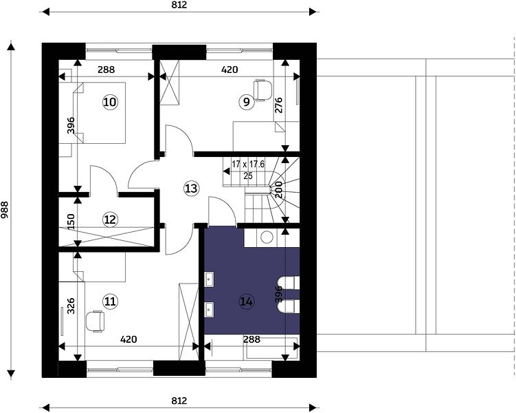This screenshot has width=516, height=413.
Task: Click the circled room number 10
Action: coord(110,102)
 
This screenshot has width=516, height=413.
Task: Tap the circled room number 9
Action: coord(247,102)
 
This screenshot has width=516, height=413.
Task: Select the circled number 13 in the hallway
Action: coord(191,188)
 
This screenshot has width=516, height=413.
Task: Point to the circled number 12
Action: coord(110,219)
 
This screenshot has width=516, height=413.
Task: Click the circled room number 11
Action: coord(110,301)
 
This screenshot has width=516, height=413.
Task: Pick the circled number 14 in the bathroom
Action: coord(247,301)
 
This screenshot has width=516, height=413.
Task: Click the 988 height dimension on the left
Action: coord(5,210)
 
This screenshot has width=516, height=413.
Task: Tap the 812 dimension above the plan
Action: coord(179,5)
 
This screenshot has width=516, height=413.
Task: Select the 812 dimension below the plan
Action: coord(179,401)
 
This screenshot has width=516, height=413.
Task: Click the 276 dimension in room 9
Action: coord(279,105)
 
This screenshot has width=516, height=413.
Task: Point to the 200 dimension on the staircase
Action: coord(279,189)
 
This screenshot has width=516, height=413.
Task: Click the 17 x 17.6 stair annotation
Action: coord(248,164)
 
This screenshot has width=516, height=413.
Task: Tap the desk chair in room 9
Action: coord(263,89)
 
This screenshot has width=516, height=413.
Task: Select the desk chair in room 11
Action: coord(95,321)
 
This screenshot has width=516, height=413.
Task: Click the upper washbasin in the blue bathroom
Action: coord(209,280)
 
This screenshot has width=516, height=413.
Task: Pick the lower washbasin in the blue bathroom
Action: coord(209,310)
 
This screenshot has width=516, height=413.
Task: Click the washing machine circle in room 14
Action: coord(267,237)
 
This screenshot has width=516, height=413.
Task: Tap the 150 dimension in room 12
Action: coord(71,222)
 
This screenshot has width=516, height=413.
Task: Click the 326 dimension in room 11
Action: coord(71,306)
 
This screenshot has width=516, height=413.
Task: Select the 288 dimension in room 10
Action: coord(106,70)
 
